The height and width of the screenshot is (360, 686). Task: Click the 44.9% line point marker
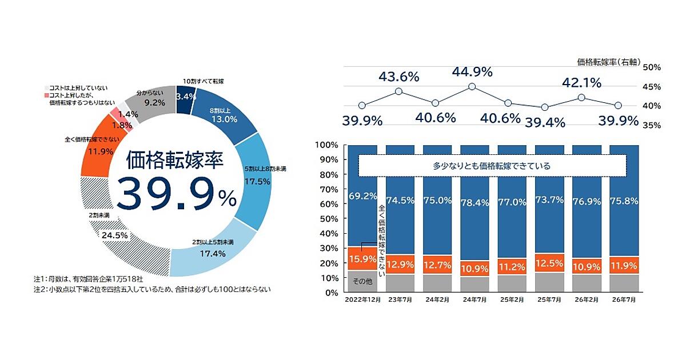coord(472,87)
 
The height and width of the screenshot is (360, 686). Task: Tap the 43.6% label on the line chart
coord(399,77)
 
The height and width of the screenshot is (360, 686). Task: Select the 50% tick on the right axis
coord(652,67)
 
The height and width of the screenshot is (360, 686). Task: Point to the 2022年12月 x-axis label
coord(363,299)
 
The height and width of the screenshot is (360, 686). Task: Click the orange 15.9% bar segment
coord(362,259)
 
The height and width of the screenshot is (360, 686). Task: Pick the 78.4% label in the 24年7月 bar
coord(474,202)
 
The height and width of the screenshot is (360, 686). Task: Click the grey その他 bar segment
coord(362,281)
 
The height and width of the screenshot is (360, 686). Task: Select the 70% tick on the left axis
coord(329,190)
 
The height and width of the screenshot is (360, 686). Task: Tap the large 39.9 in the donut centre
coord(165,194)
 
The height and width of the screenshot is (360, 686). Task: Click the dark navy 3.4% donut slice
coord(185,100)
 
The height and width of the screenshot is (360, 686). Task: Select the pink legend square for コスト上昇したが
coord(46,95)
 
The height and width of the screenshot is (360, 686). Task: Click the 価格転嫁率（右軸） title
coord(609,62)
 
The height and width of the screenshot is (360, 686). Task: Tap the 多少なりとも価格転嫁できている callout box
coord(492,166)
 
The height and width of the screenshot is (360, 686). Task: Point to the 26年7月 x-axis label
coord(624,299)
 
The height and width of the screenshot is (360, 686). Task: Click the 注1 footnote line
coord(88,279)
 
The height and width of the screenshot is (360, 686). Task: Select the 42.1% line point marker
coord(581,98)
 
